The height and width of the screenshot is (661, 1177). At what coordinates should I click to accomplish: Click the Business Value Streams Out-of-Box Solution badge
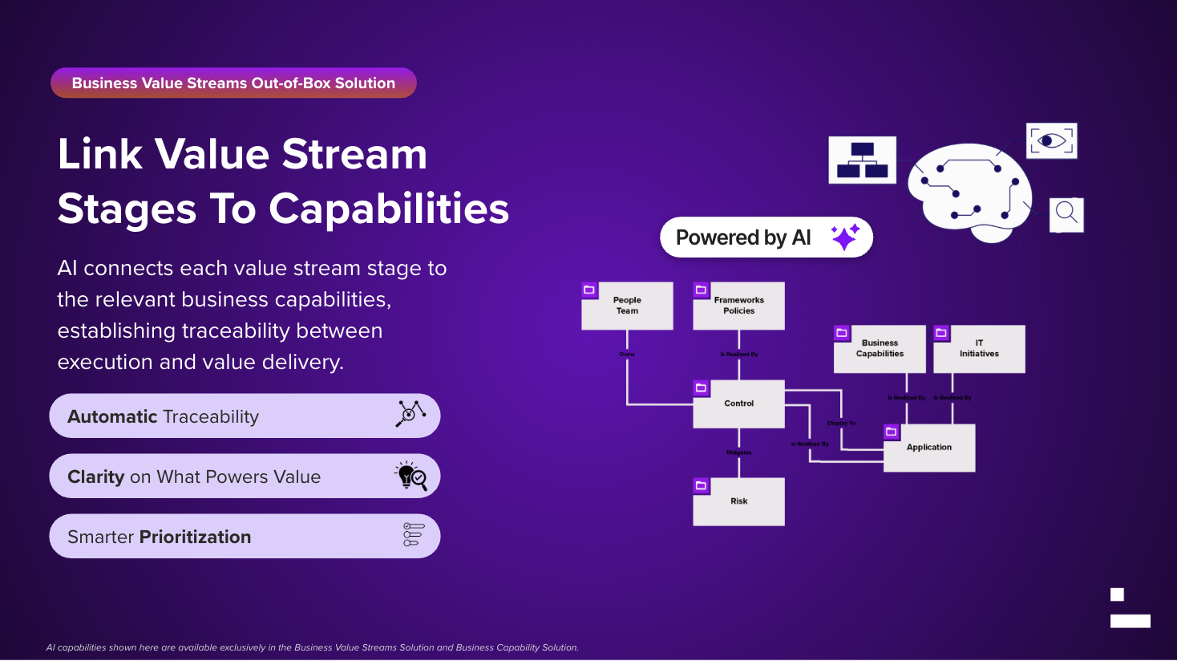click(233, 83)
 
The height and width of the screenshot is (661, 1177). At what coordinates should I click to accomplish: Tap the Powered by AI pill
click(743, 237)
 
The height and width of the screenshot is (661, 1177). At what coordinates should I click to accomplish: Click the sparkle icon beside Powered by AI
click(845, 237)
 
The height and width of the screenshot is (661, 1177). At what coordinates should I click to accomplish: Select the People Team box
click(627, 306)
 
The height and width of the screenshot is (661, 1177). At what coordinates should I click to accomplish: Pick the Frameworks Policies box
click(738, 306)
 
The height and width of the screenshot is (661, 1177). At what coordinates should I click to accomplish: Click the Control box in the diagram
click(738, 403)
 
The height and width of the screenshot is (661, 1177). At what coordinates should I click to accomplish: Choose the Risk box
click(738, 501)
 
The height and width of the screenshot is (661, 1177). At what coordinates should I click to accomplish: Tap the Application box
click(929, 448)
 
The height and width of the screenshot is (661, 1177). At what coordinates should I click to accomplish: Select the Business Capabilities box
click(880, 349)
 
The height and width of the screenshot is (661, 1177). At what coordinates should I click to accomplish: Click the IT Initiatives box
click(979, 349)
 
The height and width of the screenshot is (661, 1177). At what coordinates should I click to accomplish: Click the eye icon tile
click(1051, 141)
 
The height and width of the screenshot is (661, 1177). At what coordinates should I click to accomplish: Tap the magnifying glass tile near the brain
click(1066, 214)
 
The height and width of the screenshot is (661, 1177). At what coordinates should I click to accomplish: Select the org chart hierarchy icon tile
click(862, 160)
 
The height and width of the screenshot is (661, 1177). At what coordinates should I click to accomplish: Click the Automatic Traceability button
click(245, 416)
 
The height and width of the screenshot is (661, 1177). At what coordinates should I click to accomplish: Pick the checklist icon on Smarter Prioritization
click(414, 535)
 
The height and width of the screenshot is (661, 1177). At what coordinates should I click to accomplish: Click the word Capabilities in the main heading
click(389, 209)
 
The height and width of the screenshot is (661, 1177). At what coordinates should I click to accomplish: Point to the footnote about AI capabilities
click(312, 647)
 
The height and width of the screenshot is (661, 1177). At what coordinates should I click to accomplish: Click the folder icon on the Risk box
click(702, 486)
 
